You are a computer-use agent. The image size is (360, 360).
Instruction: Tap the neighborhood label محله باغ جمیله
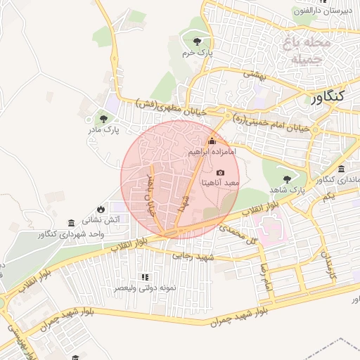pyautogui.click(x=307, y=51)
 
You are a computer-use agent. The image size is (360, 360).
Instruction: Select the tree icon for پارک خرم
pyautogui.click(x=205, y=40)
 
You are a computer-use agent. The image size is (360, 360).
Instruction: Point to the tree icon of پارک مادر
pyautogui.click(x=104, y=119)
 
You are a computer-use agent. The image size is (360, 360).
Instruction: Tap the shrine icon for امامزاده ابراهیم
pyautogui.click(x=212, y=140)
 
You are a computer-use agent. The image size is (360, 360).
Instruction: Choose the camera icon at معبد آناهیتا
pyautogui.click(x=221, y=172)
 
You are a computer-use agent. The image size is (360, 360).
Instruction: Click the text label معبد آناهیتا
pyautogui.click(x=221, y=183)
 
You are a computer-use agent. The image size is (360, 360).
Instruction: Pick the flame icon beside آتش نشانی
pyautogui.click(x=101, y=209)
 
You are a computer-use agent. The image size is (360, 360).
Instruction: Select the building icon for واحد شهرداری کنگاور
pyautogui.click(x=71, y=223)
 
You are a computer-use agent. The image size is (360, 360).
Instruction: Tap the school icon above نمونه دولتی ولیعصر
pyautogui.click(x=145, y=278)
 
